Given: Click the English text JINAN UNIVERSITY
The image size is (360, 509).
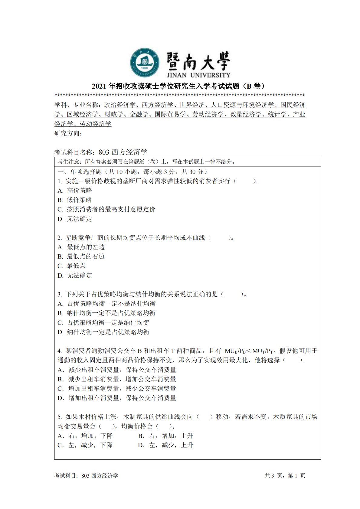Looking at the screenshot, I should tap(198, 75).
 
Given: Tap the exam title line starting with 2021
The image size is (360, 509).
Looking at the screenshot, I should tap(180, 86).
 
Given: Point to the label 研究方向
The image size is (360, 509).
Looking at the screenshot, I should tap(68, 133).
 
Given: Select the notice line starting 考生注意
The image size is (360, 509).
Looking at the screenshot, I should tap(146, 162).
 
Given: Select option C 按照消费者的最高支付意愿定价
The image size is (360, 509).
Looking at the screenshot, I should tap(106, 209).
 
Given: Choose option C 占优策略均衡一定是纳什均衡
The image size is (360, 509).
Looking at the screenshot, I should tap(103, 322).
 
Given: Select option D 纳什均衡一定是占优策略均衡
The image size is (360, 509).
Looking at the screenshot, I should tap(103, 332).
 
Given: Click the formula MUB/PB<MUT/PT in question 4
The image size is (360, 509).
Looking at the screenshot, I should tap(249, 351).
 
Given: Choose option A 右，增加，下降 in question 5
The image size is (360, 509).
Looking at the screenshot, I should tap(85, 436).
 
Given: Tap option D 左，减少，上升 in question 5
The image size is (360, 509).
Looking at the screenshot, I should tap(165, 445).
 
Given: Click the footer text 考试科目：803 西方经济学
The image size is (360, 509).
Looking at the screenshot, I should tap(86, 475).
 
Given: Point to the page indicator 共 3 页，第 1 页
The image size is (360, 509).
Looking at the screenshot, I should tap(285, 475).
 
